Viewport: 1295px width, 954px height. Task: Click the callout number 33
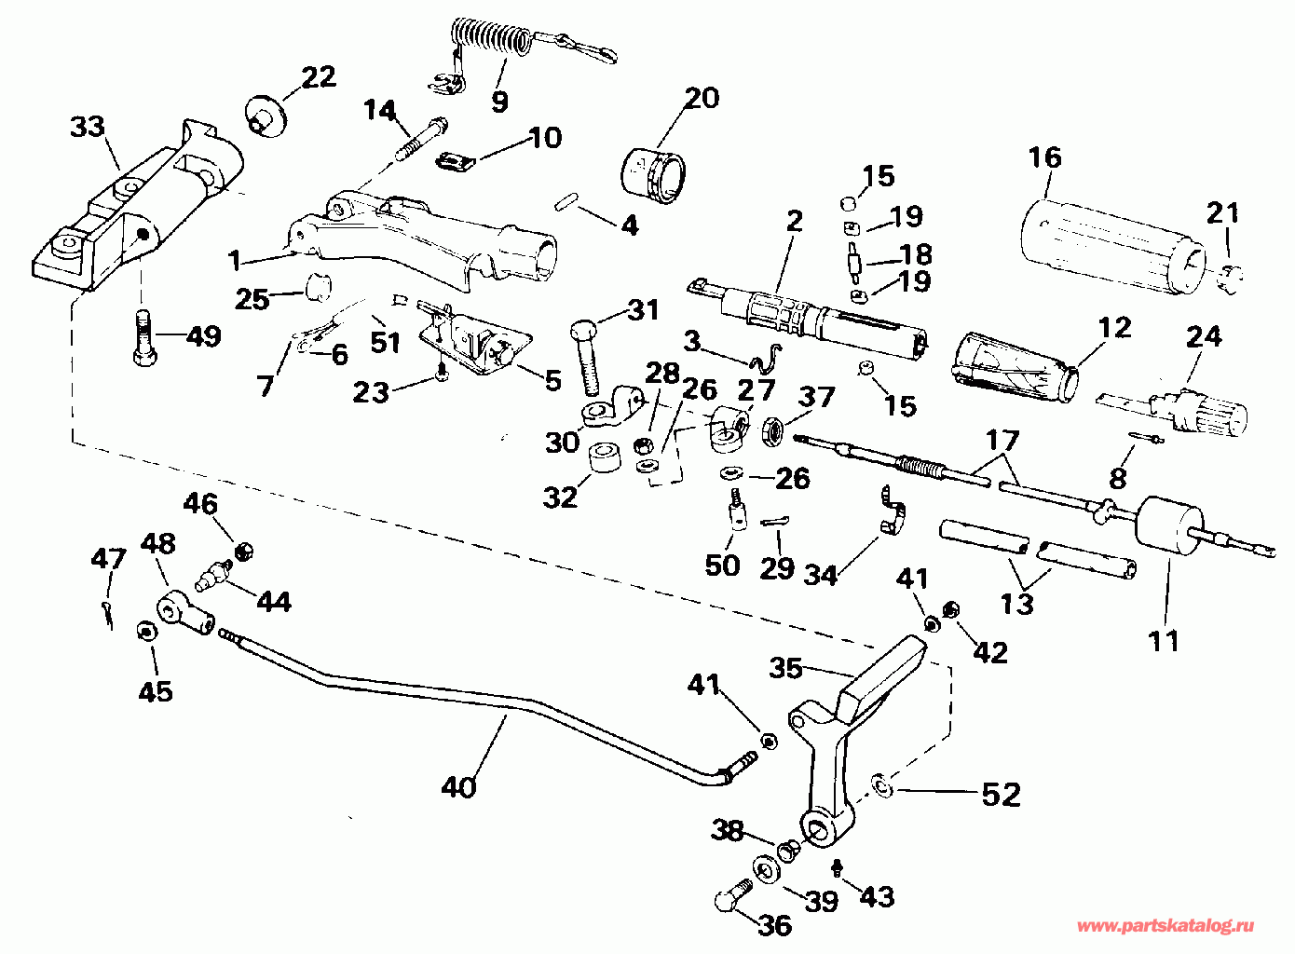[88, 127]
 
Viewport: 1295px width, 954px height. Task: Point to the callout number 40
[458, 787]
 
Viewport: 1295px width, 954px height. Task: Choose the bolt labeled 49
[144, 337]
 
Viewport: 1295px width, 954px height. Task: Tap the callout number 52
[1002, 795]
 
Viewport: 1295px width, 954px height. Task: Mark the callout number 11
[1164, 641]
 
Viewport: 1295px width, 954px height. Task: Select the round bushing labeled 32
[604, 458]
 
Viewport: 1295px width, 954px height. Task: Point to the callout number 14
[380, 110]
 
